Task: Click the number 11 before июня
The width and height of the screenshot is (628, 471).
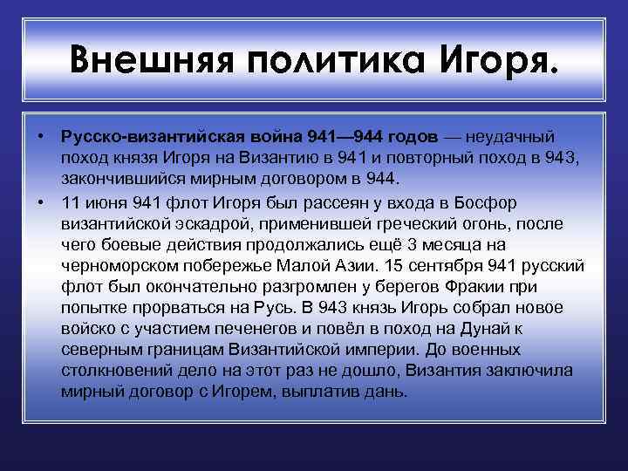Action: tap(70, 201)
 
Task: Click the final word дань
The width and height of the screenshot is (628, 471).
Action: tap(388, 392)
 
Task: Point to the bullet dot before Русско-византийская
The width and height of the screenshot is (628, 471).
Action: tap(41, 137)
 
